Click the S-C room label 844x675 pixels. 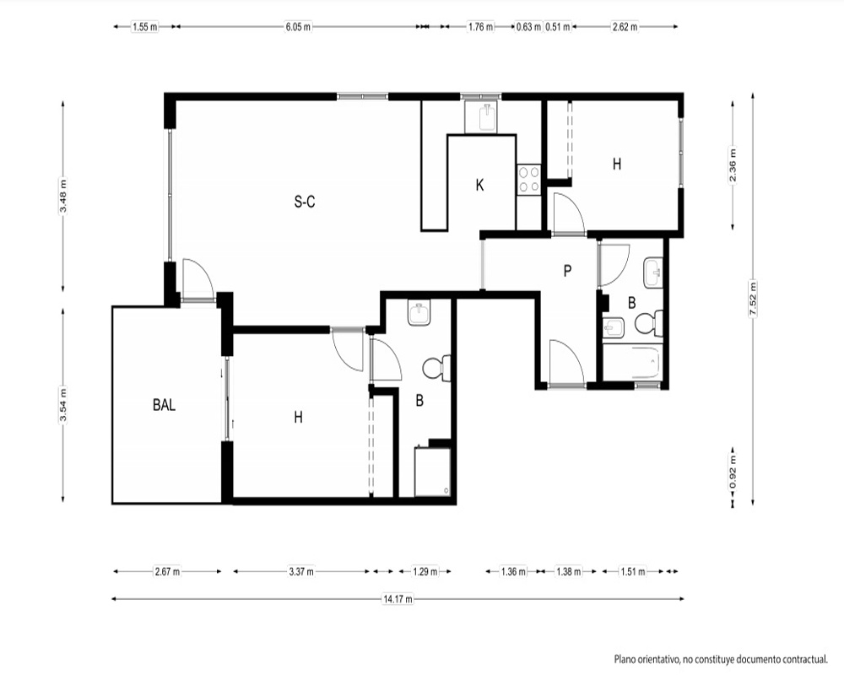(x=305, y=202)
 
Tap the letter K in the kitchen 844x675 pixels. (x=479, y=185)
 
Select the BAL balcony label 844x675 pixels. (x=165, y=405)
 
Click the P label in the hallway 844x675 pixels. (x=567, y=271)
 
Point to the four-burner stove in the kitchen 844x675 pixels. (x=528, y=180)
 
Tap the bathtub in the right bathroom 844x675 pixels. (x=631, y=363)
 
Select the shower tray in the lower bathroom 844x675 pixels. (x=432, y=472)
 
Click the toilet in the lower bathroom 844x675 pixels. (x=436, y=368)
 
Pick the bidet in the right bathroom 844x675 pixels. (x=613, y=327)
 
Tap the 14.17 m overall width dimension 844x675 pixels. (x=398, y=598)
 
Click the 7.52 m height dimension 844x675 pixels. (x=753, y=300)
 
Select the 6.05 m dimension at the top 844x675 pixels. (x=298, y=27)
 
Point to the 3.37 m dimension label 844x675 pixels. (x=301, y=572)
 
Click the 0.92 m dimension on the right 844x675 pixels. (x=733, y=472)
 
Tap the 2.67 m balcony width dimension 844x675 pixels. (x=167, y=572)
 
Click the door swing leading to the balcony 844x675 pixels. (x=197, y=278)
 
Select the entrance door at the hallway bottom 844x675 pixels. (x=566, y=363)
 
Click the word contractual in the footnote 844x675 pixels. (x=802, y=659)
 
